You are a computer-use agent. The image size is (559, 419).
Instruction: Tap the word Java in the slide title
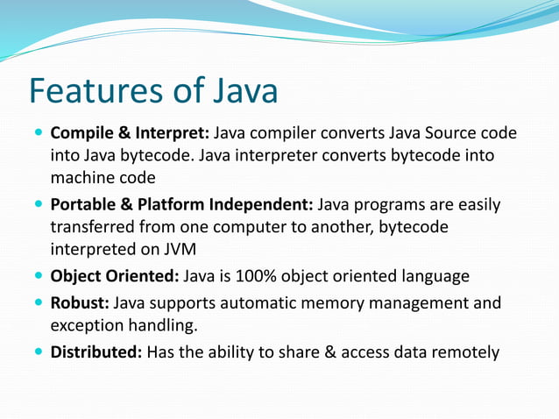pyautogui.click(x=237, y=91)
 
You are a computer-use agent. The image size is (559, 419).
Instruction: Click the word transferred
pyautogui.click(x=96, y=227)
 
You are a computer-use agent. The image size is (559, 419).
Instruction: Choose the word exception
pyautogui.click(x=88, y=326)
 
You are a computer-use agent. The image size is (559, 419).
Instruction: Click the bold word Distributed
pyautogui.click(x=96, y=352)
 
